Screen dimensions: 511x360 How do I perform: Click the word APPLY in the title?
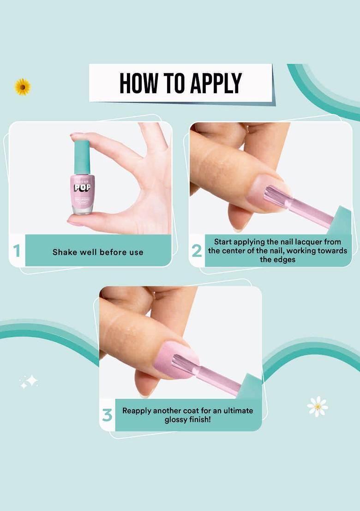click(x=215, y=83)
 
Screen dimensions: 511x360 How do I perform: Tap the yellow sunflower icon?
click(x=22, y=87)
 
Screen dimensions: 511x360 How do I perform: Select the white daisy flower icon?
click(x=318, y=406)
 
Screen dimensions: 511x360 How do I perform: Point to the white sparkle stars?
click(x=29, y=381)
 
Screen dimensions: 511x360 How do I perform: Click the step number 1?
click(x=17, y=251)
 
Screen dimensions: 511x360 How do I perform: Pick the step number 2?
click(x=197, y=251)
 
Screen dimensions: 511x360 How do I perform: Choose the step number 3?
click(x=107, y=415)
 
